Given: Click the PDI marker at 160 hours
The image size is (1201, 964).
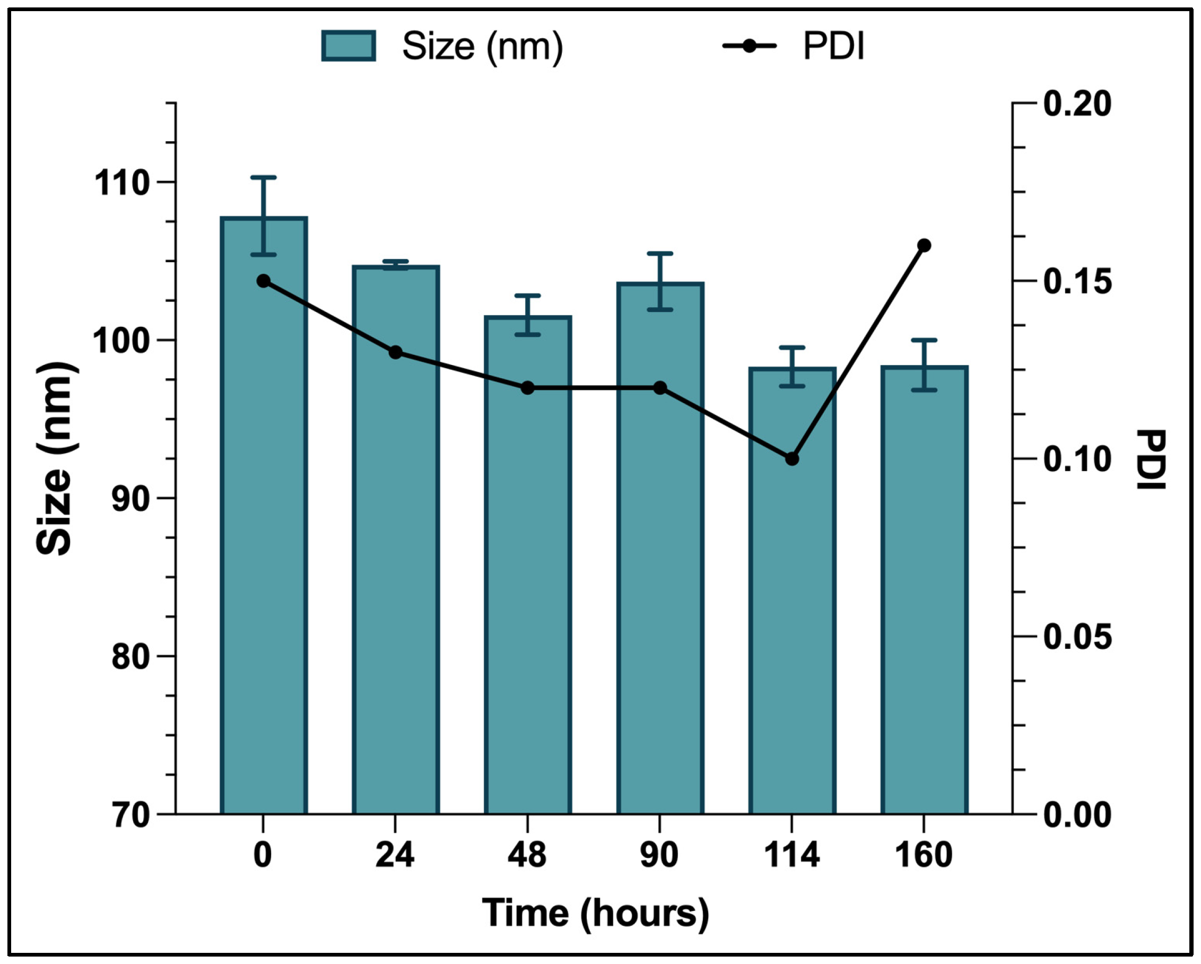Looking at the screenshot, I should click(x=924, y=245).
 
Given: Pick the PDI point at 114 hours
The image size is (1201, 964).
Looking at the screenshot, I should click(x=791, y=458).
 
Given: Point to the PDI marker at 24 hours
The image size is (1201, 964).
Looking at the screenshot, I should click(x=396, y=352).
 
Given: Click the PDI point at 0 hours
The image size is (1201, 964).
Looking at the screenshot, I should click(x=264, y=281).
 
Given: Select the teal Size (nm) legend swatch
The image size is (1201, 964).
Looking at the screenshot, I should click(x=348, y=46).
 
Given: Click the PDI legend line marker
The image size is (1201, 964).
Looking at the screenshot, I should click(x=749, y=46).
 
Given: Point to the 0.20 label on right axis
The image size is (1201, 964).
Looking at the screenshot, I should click(x=1077, y=103).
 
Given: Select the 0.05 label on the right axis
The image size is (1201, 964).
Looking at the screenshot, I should click(x=1077, y=637).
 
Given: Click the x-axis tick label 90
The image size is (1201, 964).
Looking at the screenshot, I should click(x=659, y=855).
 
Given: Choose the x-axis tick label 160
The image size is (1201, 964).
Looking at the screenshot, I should click(x=924, y=855).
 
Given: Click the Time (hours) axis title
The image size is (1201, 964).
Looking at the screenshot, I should click(x=595, y=913).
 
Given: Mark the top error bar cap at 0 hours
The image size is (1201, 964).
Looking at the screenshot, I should click(x=264, y=177).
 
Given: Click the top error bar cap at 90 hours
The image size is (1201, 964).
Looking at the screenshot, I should click(x=659, y=254).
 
